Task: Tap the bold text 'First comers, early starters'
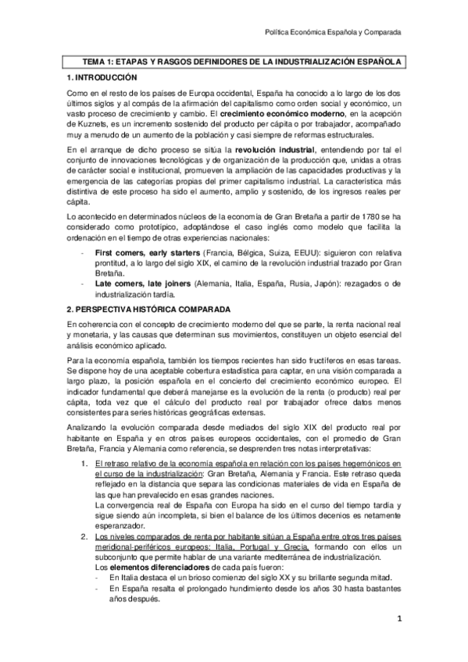[147, 254]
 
